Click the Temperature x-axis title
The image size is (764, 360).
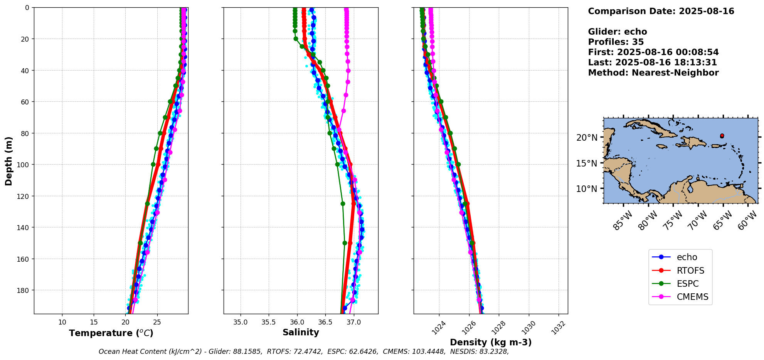point(111,333)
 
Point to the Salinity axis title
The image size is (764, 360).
point(301,332)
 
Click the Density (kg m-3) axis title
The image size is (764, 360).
point(491,342)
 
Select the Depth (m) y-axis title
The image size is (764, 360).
point(8,161)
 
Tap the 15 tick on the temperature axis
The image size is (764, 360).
point(94,322)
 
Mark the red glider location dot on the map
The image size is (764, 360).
point(722,136)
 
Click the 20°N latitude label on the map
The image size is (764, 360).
point(587,138)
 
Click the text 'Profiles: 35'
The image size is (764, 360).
point(616,42)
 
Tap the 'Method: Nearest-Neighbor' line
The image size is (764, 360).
point(653,73)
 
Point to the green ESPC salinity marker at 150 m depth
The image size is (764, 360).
point(345,243)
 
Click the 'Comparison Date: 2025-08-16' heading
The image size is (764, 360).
point(661,11)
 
